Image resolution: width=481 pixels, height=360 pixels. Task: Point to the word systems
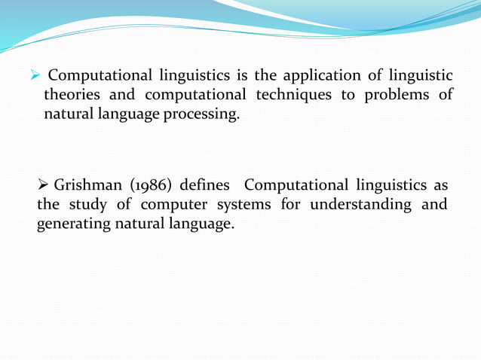point(241,205)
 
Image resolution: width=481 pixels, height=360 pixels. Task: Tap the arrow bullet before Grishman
point(44,185)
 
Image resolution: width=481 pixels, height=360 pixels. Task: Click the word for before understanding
point(291,205)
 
